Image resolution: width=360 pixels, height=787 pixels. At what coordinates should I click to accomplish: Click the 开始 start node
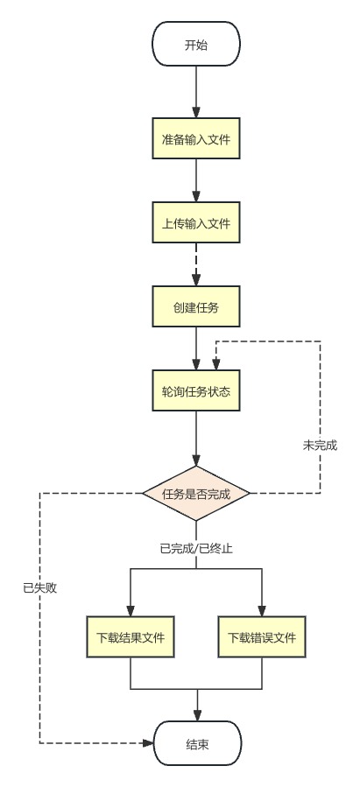196,45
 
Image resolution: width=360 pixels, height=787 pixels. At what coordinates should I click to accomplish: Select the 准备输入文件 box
196,139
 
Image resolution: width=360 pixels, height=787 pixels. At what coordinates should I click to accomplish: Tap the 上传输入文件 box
196,224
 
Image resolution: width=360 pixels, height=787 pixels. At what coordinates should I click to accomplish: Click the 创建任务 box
196,308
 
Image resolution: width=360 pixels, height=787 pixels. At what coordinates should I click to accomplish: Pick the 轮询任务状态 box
196,392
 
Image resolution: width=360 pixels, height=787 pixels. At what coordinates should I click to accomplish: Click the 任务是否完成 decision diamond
196,493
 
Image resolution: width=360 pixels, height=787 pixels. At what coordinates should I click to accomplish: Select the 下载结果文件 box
130,636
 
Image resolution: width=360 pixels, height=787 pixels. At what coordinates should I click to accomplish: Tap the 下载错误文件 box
262,636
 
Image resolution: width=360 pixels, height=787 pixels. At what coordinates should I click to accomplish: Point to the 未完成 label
320,445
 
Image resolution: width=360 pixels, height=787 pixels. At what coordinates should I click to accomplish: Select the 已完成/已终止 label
196,549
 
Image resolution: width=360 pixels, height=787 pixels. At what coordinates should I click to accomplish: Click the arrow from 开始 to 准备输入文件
196,91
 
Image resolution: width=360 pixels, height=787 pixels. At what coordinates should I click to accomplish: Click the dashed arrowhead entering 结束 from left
147,743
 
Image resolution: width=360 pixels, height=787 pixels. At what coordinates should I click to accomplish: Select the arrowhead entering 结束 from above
196,715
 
